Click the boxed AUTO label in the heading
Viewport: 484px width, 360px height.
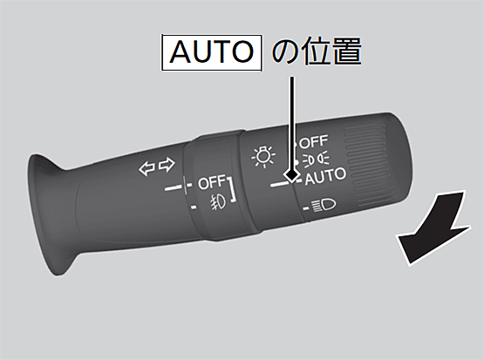coord(212,52)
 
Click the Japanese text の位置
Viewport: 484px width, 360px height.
coord(317,51)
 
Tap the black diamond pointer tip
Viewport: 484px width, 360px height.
coord(291,175)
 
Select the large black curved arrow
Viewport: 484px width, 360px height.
coord(433,229)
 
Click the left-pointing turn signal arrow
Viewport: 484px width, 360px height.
coord(147,168)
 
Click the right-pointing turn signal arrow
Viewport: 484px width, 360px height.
coord(167,165)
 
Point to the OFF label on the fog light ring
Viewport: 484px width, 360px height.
coord(212,182)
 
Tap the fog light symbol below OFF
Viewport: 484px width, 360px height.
coord(219,203)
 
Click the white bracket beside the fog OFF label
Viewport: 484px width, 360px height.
coord(232,190)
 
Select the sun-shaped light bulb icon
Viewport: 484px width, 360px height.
coord(263,156)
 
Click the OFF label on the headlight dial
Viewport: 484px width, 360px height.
coord(313,141)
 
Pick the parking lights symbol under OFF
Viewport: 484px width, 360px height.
coord(316,160)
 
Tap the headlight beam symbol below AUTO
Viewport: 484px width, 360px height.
coord(324,206)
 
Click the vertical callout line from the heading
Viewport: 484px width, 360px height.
coord(291,123)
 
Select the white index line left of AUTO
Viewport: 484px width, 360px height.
coord(280,184)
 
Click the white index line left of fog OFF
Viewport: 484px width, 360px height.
coord(174,187)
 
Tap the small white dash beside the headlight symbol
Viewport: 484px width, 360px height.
coord(306,208)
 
